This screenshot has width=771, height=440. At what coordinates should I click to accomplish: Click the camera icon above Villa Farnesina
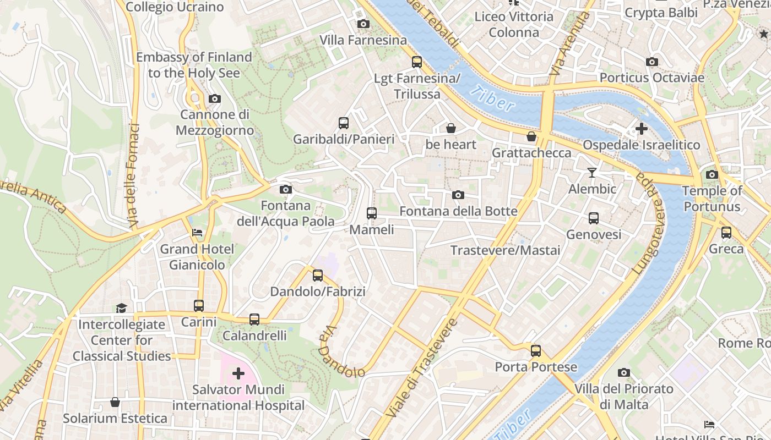pyautogui.click(x=363, y=24)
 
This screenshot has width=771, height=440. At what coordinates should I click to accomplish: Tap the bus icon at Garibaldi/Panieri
pyautogui.click(x=344, y=123)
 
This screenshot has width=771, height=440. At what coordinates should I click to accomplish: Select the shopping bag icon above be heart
pyautogui.click(x=451, y=128)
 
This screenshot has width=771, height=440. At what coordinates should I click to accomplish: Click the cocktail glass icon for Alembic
pyautogui.click(x=592, y=173)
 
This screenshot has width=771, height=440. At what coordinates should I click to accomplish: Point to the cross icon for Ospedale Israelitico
pyautogui.click(x=641, y=129)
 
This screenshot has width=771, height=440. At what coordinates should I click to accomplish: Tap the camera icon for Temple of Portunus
pyautogui.click(x=712, y=174)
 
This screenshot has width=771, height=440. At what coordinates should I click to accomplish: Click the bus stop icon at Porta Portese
pyautogui.click(x=536, y=350)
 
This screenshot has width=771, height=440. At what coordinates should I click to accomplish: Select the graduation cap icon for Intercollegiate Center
pyautogui.click(x=121, y=308)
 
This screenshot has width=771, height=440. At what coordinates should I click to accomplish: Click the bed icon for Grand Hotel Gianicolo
pyautogui.click(x=197, y=233)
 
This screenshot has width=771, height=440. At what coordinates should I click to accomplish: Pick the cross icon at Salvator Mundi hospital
pyautogui.click(x=238, y=373)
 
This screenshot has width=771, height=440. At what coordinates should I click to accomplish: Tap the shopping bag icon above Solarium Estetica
pyautogui.click(x=115, y=402)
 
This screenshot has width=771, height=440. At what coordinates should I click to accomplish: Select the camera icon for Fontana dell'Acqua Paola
pyautogui.click(x=285, y=189)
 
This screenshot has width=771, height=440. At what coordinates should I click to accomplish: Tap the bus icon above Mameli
pyautogui.click(x=372, y=213)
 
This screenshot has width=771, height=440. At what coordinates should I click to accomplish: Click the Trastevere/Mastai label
pyautogui.click(x=505, y=251)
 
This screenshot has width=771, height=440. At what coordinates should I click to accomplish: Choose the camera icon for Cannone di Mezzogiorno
pyautogui.click(x=215, y=98)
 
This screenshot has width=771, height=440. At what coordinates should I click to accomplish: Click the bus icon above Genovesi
pyautogui.click(x=594, y=218)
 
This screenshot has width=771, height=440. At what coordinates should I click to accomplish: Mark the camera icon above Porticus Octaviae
pyautogui.click(x=652, y=62)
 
